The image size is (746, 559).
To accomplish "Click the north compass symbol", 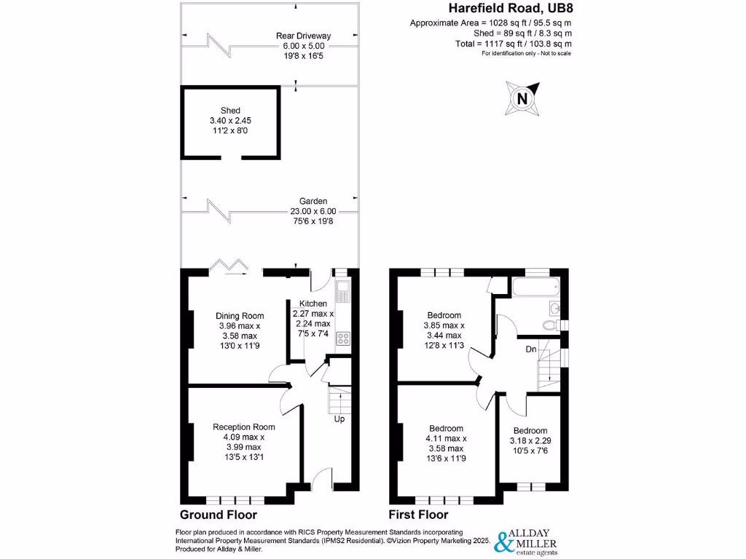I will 521,99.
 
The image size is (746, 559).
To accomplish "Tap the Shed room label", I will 230,111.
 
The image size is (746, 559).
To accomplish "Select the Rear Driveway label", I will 303,35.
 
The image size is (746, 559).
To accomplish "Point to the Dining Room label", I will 239,316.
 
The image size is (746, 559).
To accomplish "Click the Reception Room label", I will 243,427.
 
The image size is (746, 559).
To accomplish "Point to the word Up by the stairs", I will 339,419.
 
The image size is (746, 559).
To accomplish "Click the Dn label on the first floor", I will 532,349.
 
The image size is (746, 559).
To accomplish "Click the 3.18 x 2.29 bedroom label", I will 530,441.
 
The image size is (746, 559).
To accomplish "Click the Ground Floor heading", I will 219,515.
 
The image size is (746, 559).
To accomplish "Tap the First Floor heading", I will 423,515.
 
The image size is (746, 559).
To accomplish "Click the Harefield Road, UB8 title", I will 509,9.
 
